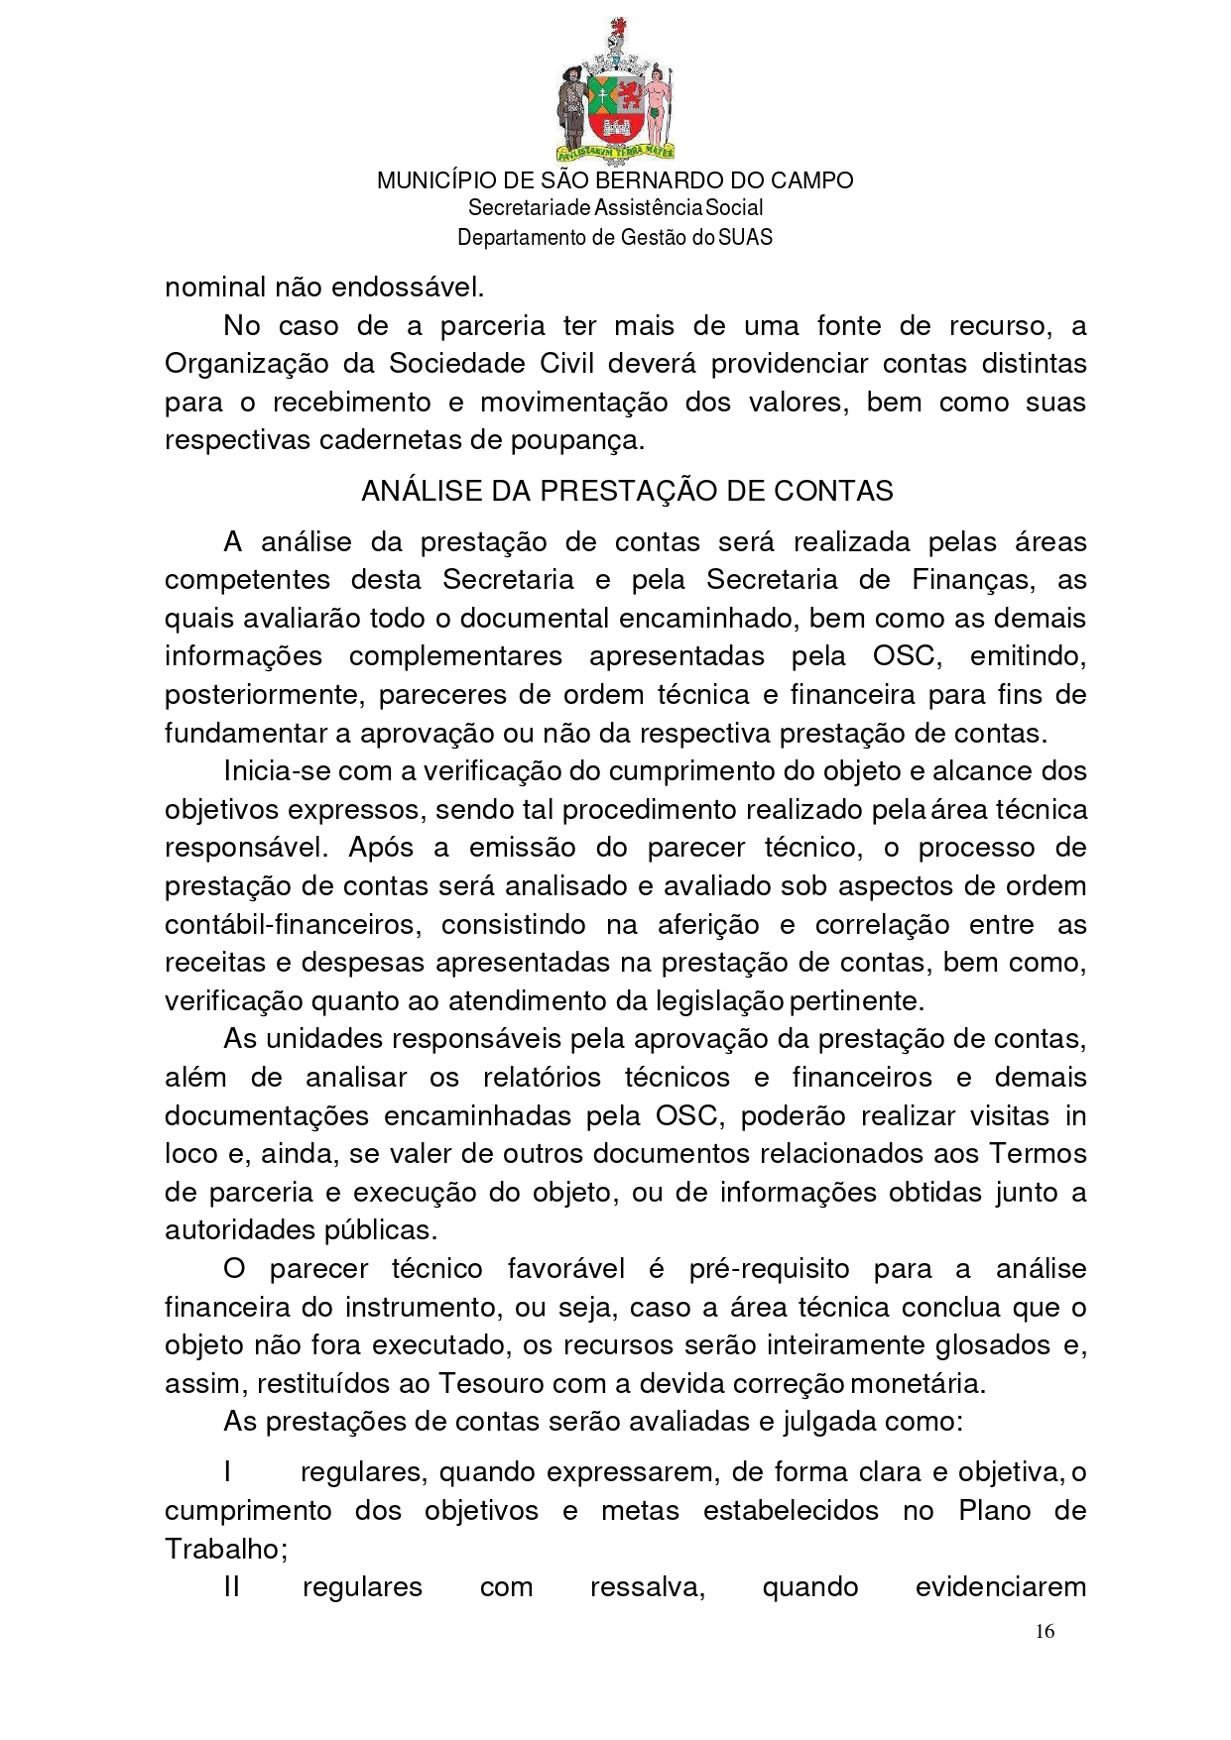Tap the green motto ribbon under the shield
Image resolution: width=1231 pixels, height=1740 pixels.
pyautogui.click(x=615, y=152)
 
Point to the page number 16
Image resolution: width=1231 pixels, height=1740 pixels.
pyautogui.click(x=1045, y=1631)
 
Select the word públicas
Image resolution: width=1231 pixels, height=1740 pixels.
pyautogui.click(x=381, y=1230)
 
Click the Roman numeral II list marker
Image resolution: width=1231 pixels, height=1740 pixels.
pyautogui.click(x=231, y=1587)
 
